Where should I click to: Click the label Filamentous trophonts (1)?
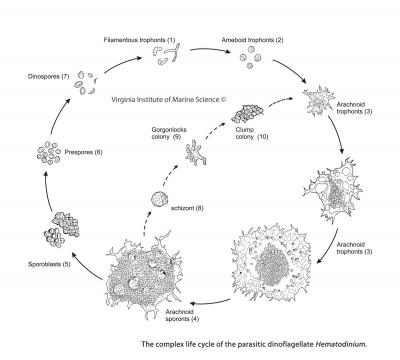pos(153,39)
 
